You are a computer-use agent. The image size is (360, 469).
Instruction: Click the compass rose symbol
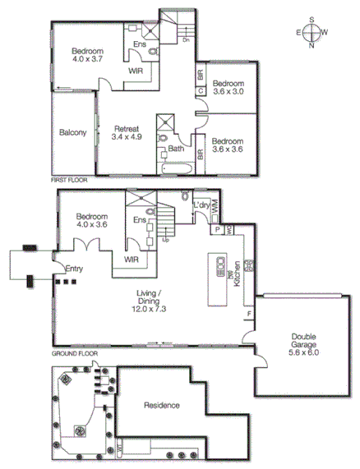(313, 33)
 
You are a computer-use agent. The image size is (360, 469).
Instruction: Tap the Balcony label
(73, 133)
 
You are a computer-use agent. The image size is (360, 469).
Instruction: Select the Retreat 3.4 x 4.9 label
(127, 134)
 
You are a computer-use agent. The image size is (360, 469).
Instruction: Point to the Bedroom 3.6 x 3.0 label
(229, 88)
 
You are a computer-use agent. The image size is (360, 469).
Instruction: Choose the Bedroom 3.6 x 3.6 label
(229, 145)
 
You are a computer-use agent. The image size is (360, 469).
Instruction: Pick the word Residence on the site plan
(163, 406)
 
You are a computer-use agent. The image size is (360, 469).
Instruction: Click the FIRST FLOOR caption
(68, 178)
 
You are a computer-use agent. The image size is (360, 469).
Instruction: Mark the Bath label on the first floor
(175, 149)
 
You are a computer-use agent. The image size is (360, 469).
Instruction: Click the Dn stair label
(187, 39)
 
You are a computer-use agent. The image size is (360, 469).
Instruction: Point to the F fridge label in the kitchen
(248, 313)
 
